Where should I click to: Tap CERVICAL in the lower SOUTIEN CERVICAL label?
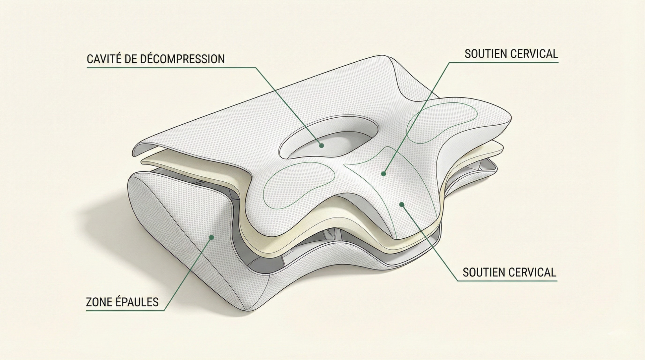coord(532,272)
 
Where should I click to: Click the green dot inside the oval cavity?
coord(321,145)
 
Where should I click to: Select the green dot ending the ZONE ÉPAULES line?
coord(211,237)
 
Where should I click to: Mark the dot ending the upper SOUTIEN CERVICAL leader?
coord(383,174)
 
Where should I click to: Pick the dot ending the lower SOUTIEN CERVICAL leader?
coord(402,204)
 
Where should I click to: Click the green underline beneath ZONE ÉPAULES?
coord(125,311)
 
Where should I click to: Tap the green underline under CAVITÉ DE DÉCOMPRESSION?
coord(171,68)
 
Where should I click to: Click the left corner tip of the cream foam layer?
coord(143,161)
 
